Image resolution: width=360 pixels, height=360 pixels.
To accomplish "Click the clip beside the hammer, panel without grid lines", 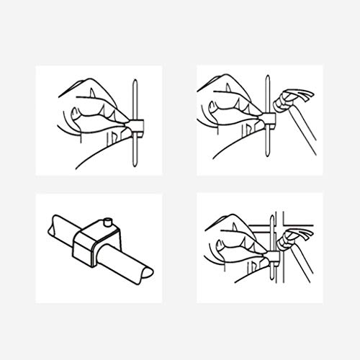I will pyautogui.click(x=273, y=119).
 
